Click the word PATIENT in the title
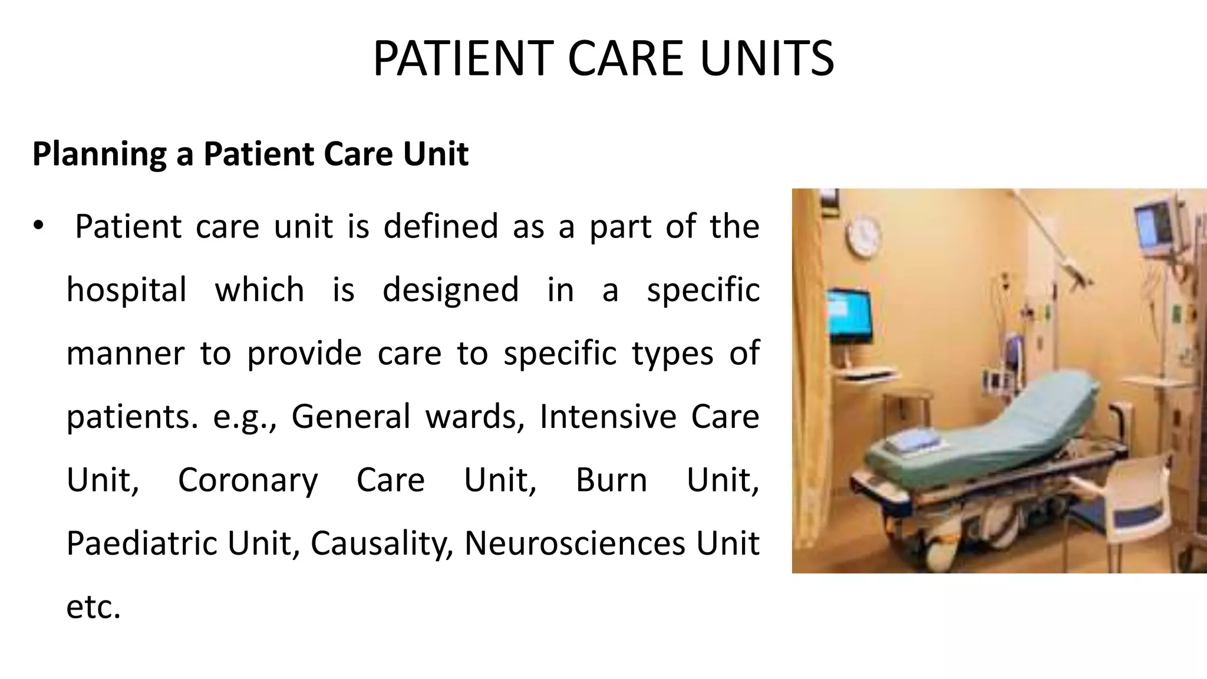[465, 58]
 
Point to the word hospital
[126, 289]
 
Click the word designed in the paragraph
[450, 289]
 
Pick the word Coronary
[248, 480]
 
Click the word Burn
[611, 480]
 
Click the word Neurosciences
[575, 543]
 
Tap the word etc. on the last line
[93, 607]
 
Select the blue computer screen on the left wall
[849, 314]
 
